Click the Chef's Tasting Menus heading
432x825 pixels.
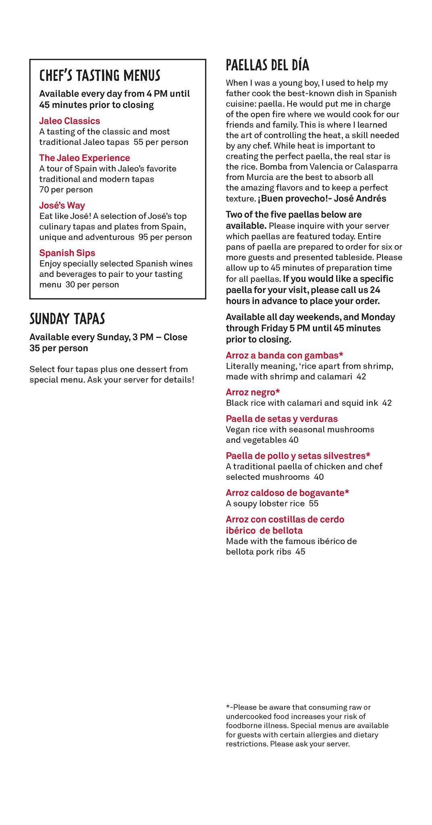pos(100,75)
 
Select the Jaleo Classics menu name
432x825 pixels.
pos(69,121)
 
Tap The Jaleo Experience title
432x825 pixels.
pos(84,158)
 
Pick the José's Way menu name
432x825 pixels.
pos(62,205)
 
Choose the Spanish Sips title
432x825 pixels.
pos(67,253)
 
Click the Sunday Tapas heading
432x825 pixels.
pos(67,319)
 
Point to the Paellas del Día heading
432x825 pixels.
pos(267,65)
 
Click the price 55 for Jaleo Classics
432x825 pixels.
pos(138,142)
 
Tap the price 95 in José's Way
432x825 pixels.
pos(143,237)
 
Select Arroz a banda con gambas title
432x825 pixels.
pos(284,355)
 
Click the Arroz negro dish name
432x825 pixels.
pos(253,392)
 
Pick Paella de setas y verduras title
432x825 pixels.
pos(282,419)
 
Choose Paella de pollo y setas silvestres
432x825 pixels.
pos(298,456)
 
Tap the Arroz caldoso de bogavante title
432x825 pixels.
pos(287,493)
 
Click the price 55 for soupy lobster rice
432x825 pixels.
pos(314,504)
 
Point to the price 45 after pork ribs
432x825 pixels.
pos(300,552)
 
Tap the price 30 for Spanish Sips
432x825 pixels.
pos(70,285)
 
